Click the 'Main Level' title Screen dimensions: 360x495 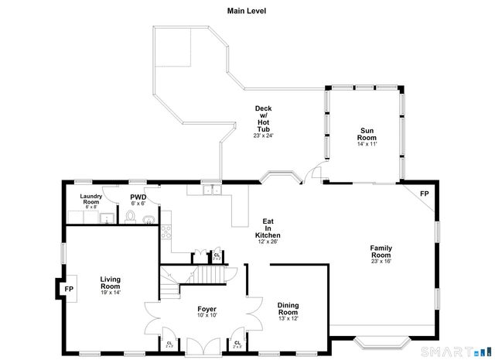247,11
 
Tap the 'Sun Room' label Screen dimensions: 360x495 367,134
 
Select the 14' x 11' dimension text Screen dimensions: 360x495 367,145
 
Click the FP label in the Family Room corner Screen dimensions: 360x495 424,194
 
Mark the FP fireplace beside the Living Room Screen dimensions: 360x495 68,289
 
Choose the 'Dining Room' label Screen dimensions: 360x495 288,309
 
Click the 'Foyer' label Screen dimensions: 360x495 207,308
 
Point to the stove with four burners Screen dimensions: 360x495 167,228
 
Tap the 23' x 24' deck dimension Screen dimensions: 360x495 263,135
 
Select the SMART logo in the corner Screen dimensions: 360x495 463,354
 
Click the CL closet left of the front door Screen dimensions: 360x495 169,343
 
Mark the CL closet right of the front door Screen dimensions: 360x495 237,343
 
